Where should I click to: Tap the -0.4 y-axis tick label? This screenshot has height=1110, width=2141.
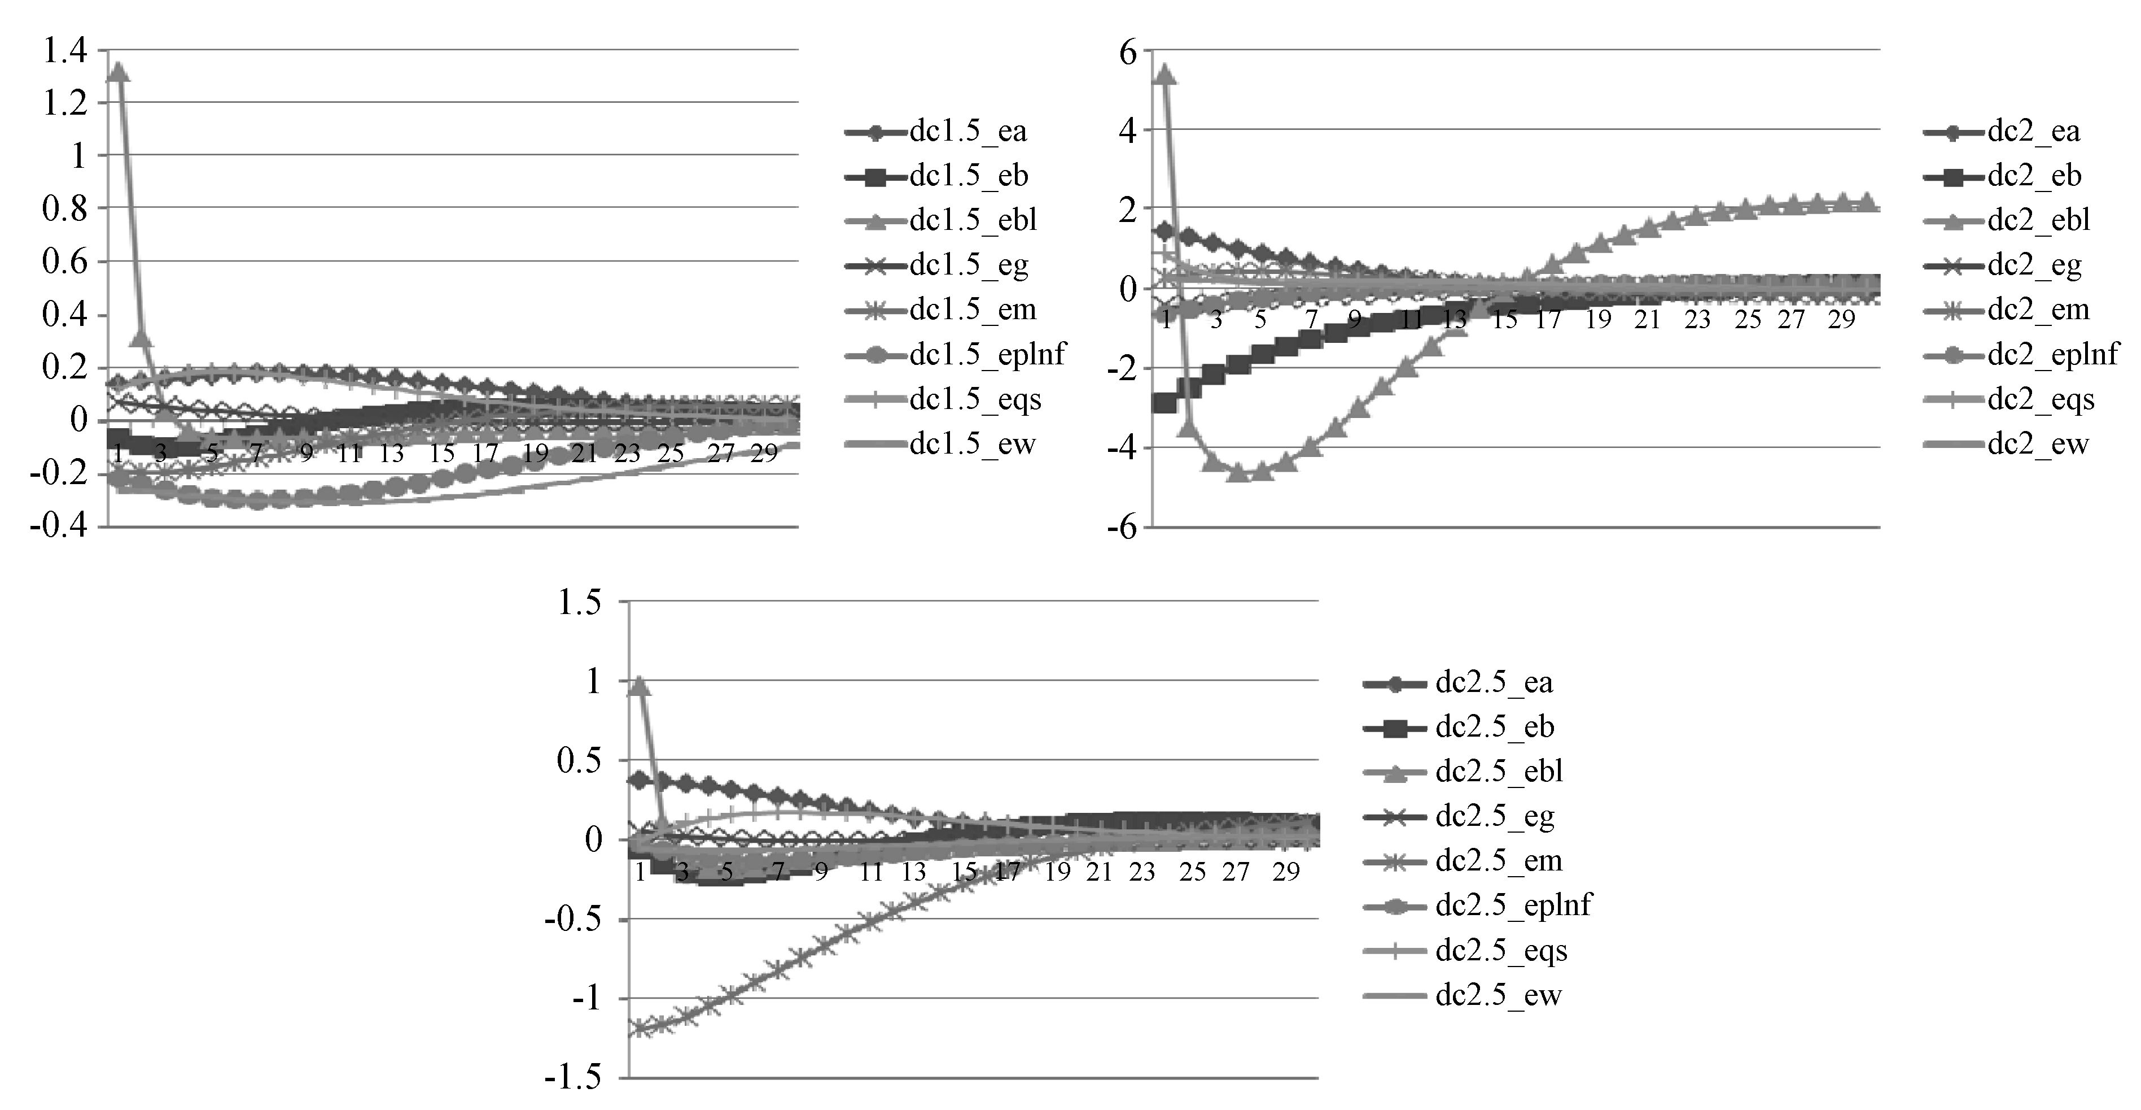click(x=58, y=526)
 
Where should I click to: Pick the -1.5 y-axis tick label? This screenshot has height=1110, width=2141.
click(x=573, y=1078)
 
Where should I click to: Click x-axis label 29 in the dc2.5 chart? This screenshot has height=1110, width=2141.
click(x=1286, y=872)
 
